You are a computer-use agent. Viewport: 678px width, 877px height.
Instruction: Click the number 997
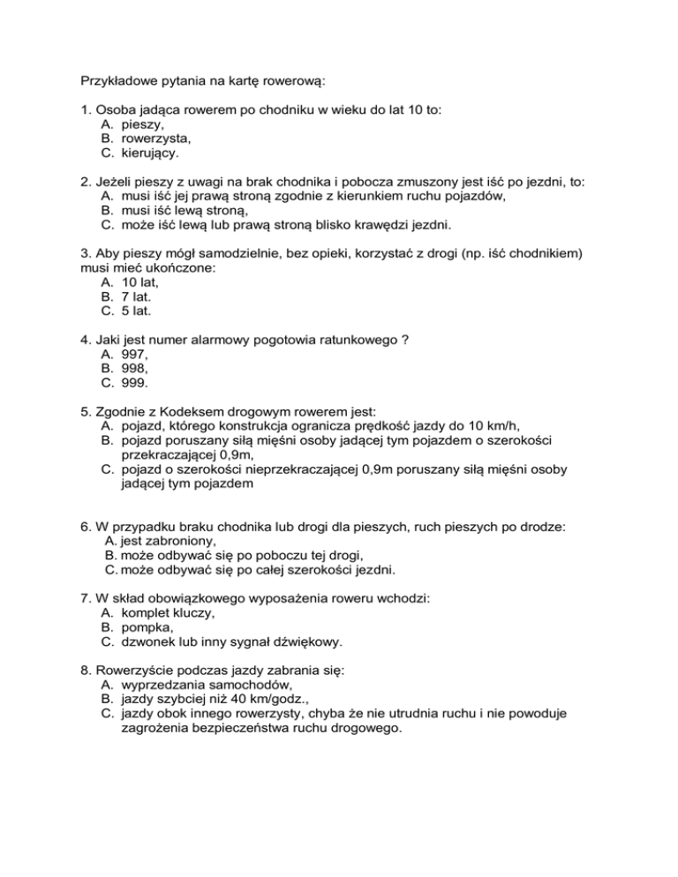point(135,356)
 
